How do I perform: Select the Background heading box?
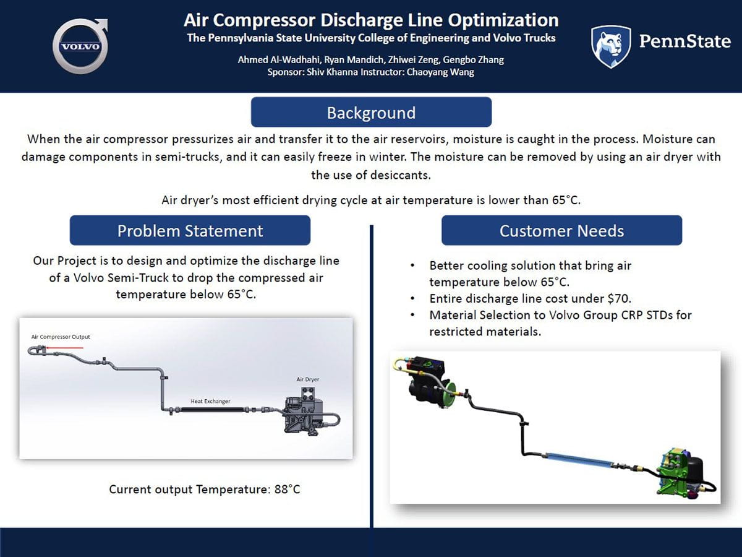click(x=371, y=113)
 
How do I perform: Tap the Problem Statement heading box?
click(x=190, y=231)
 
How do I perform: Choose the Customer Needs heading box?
click(x=561, y=231)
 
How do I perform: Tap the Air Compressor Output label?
click(x=61, y=337)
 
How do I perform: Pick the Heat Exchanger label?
click(x=210, y=402)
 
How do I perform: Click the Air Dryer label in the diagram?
click(x=308, y=379)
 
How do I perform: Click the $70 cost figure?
click(x=559, y=298)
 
